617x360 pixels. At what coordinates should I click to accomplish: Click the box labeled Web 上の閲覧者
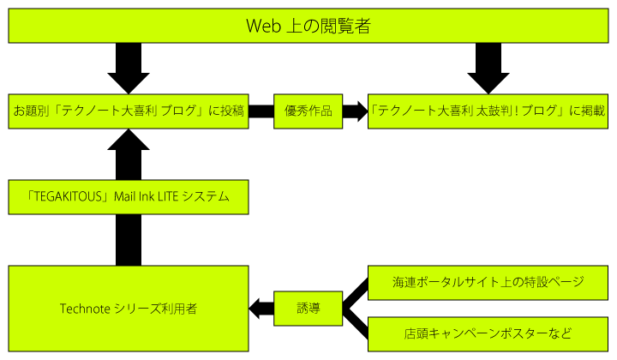click(308, 26)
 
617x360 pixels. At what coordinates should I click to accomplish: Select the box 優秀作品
click(308, 111)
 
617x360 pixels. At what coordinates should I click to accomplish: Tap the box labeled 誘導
click(308, 309)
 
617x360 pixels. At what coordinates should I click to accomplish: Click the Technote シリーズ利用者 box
click(129, 309)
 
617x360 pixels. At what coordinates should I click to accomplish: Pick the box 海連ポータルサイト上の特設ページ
click(488, 283)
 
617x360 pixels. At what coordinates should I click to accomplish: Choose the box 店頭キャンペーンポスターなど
click(488, 334)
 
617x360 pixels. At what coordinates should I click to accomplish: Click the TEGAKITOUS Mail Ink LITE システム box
click(129, 197)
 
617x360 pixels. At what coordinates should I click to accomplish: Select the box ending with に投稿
click(129, 111)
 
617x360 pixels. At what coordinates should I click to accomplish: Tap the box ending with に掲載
click(488, 111)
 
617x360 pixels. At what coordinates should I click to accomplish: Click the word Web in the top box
click(263, 26)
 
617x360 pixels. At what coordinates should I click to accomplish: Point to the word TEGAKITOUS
click(69, 197)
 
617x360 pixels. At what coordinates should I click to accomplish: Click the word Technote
click(85, 309)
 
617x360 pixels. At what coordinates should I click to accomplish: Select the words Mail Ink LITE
click(147, 197)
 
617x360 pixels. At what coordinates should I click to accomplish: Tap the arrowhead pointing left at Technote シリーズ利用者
click(255, 309)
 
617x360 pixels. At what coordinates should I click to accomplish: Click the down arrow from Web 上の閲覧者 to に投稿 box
click(129, 69)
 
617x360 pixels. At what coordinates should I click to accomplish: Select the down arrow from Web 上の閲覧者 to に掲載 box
click(488, 69)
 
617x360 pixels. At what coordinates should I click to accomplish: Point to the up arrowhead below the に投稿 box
click(129, 140)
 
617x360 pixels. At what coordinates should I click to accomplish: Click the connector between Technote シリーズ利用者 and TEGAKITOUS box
click(129, 240)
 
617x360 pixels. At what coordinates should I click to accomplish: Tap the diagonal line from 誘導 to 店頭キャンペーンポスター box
click(356, 323)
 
